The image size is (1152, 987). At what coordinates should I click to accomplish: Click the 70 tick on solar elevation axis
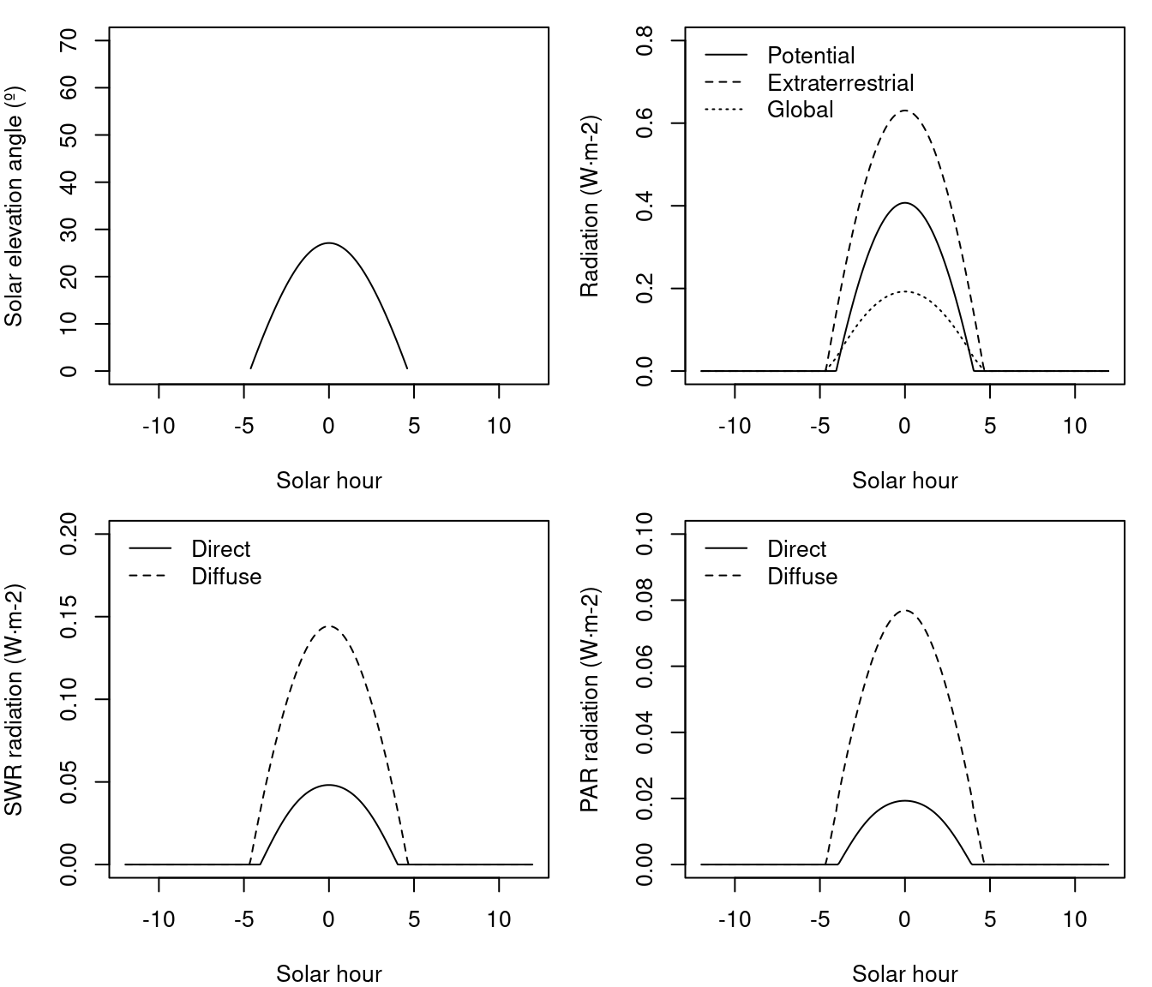69,40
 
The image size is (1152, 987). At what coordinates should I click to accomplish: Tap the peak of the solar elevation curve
329,243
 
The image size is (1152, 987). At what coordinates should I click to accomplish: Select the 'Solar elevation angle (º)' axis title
14,206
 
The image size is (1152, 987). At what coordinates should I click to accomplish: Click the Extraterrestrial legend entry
840,83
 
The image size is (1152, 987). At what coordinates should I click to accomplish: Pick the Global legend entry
800,110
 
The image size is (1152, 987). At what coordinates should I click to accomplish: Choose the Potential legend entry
811,56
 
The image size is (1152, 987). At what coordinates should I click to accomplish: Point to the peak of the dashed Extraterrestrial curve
904,111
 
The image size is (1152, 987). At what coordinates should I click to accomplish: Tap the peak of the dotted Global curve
904,292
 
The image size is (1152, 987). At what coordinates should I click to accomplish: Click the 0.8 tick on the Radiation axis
645,40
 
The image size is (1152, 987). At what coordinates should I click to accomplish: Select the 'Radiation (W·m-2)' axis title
590,206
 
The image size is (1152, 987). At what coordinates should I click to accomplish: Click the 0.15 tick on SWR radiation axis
69,617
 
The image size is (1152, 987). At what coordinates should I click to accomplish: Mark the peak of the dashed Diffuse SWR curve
329,626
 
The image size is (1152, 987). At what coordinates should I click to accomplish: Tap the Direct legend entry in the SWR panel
220,549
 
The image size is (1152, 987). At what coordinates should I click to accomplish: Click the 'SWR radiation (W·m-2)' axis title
14,699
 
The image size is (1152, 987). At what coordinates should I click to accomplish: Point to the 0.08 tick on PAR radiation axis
645,600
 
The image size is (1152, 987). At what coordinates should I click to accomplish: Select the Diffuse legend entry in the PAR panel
802,577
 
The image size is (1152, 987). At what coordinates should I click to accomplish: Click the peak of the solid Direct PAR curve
904,801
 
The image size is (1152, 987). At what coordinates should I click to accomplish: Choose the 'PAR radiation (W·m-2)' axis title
590,699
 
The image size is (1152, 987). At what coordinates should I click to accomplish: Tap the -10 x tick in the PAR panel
735,920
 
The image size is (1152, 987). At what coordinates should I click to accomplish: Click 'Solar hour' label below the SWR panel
329,974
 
